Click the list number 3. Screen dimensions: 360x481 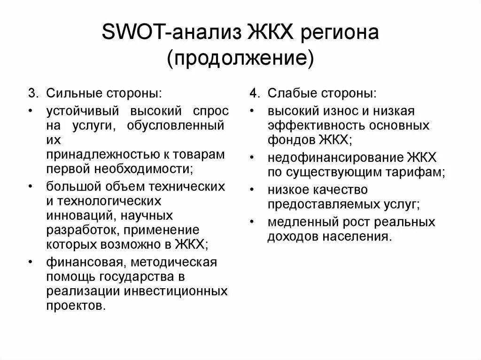tap(32, 93)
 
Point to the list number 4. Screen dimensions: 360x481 tap(254, 93)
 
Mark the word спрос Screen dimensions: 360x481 tap(211, 111)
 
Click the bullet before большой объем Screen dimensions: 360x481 tap(31, 187)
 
